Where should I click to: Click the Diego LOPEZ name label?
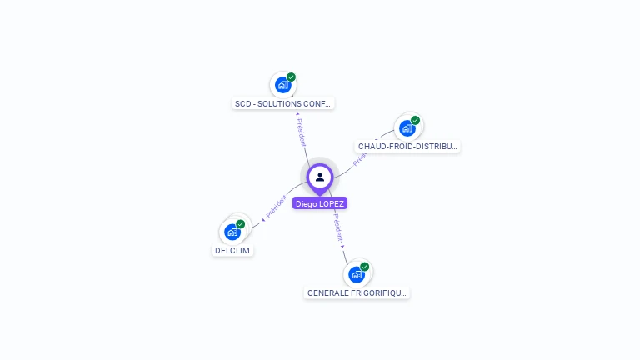(320, 203)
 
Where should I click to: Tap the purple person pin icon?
(320, 177)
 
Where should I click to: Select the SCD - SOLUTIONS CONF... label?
(283, 104)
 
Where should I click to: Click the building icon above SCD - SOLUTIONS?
(282, 85)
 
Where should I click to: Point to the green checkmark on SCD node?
(291, 77)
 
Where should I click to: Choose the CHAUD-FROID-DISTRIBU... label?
(407, 147)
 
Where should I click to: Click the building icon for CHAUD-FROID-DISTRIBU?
(407, 127)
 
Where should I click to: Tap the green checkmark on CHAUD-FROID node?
(415, 120)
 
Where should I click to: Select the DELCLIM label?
(232, 251)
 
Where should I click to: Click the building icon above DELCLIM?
(232, 232)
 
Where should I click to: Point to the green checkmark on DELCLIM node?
(240, 224)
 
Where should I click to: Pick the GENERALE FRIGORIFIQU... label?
(357, 293)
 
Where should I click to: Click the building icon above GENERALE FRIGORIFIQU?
(356, 274)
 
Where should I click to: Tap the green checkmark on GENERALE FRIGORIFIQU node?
(364, 267)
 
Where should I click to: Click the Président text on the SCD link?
(301, 131)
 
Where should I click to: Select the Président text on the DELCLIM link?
(276, 207)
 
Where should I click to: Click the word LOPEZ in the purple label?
(332, 203)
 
